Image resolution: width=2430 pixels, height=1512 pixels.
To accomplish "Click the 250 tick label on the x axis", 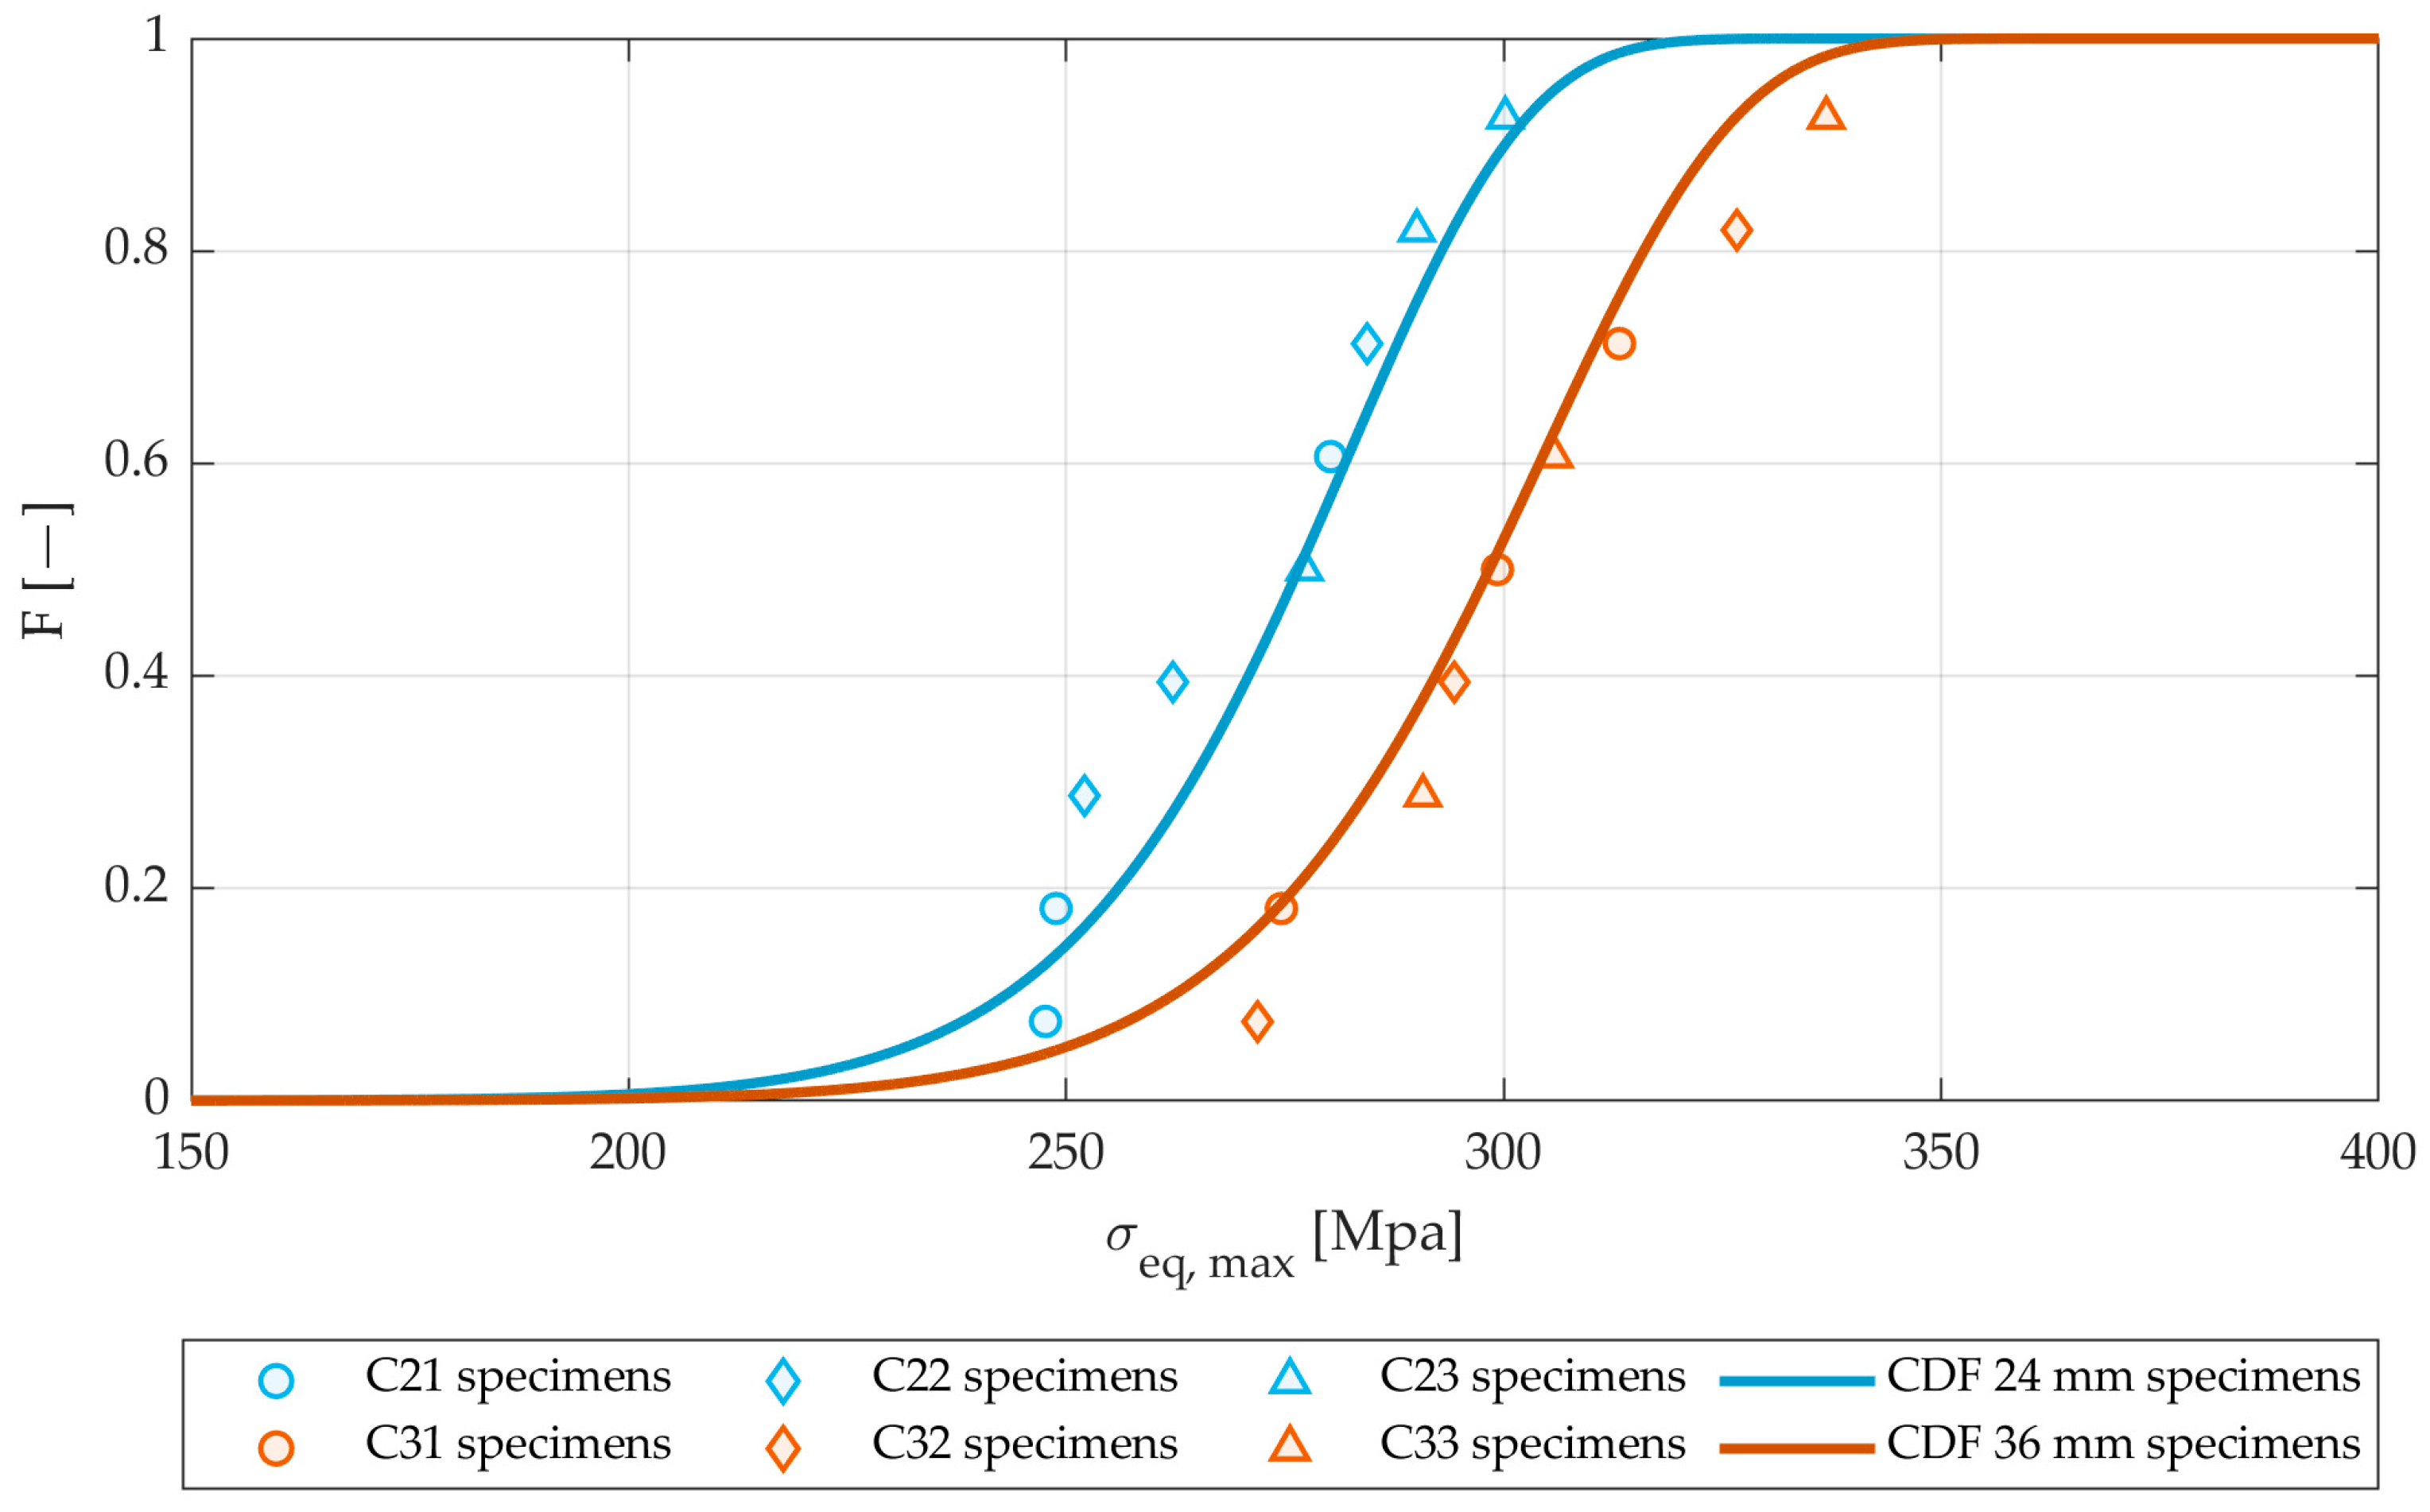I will (1065, 1153).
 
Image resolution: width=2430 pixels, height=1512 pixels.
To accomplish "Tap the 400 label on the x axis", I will (2377, 1153).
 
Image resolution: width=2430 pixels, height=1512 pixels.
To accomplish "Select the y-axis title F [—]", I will (46, 570).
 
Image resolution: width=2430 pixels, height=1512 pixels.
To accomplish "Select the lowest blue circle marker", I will (1045, 1021).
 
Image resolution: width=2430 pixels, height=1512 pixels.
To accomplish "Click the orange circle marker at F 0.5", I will (1497, 570).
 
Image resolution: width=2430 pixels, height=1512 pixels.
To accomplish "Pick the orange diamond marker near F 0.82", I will (1736, 230).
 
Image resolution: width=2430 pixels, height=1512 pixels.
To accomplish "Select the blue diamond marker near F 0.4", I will (1172, 682).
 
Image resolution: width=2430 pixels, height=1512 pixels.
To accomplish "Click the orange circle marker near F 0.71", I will (1619, 343).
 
